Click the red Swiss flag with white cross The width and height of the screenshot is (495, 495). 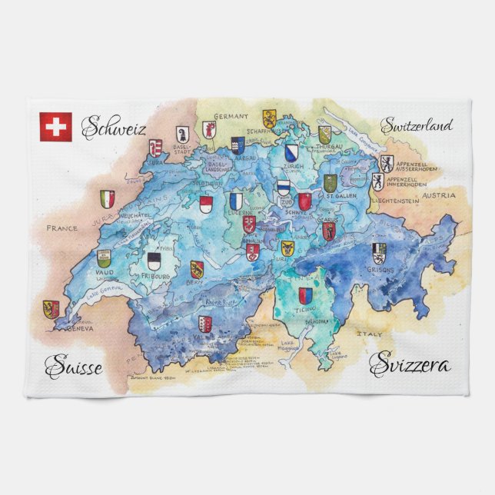coord(55,126)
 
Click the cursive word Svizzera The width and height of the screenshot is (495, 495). coord(410,364)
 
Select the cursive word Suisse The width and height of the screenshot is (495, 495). coord(73,367)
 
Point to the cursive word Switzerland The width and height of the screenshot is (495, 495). coord(417,125)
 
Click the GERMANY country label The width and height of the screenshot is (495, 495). coord(231,116)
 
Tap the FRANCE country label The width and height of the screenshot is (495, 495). coord(62,228)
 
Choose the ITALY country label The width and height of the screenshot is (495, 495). coord(367,333)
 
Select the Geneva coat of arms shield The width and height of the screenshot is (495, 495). coord(51,309)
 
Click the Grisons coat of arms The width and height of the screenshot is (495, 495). coord(379,252)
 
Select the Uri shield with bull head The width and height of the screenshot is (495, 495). coord(287,247)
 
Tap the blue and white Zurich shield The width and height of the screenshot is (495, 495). coord(291,152)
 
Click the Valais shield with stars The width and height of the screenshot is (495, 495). coord(204,323)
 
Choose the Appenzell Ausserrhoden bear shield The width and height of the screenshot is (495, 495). coord(386,162)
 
